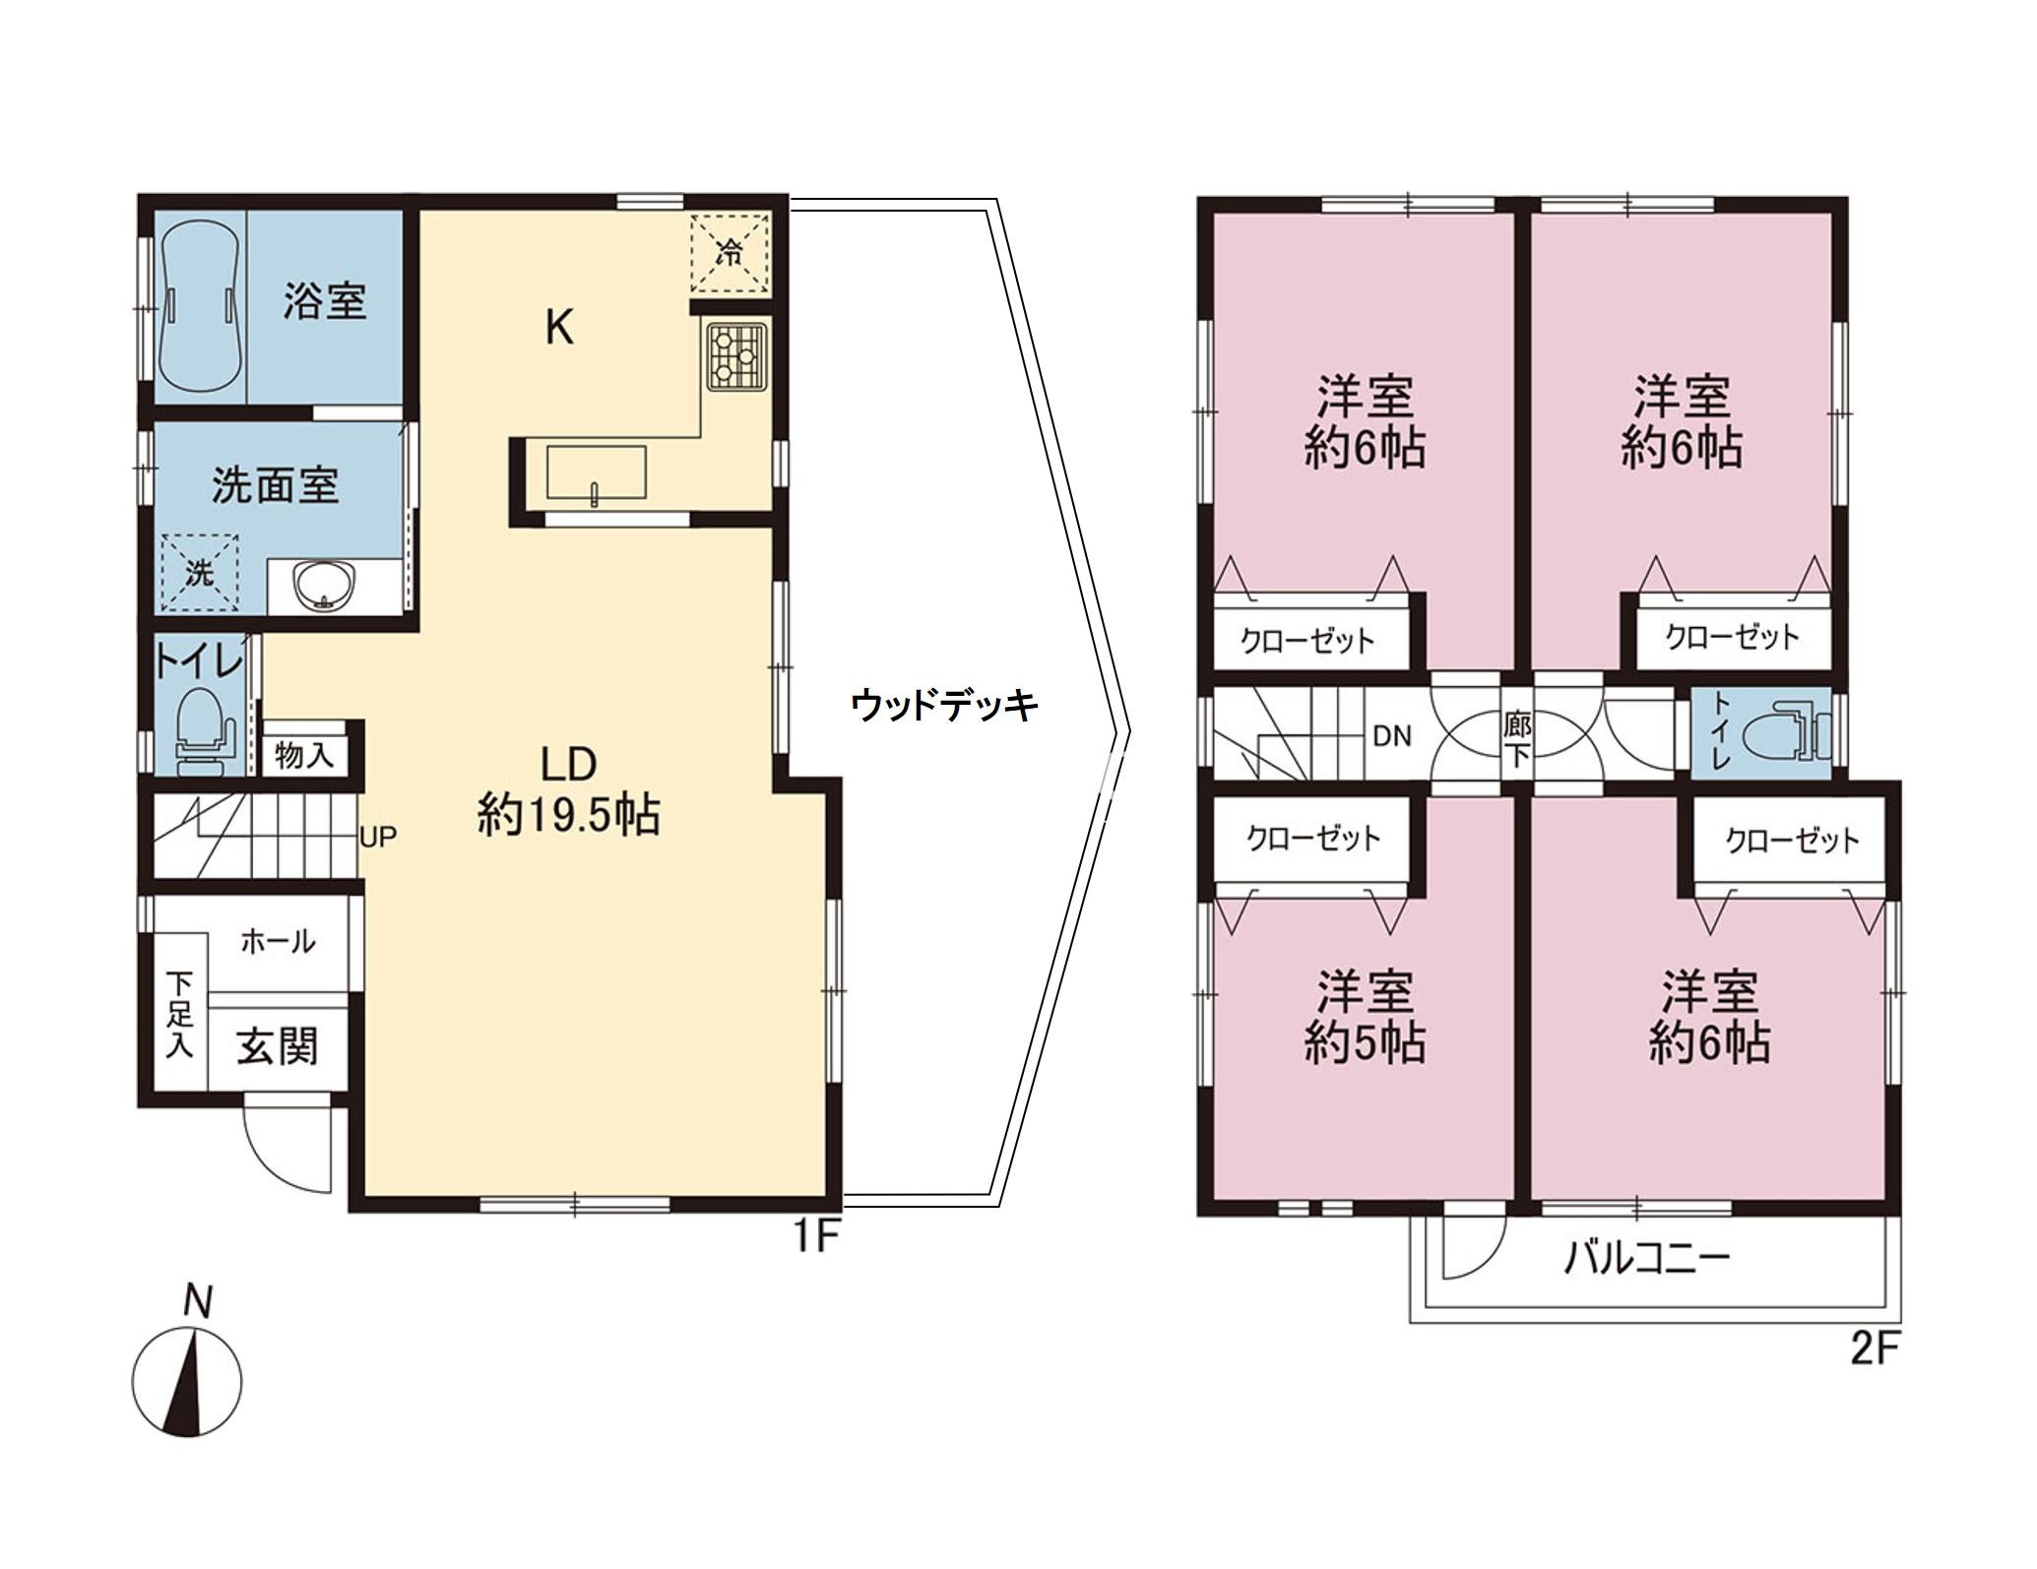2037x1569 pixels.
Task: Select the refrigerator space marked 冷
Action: (730, 253)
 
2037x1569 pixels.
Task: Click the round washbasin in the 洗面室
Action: (326, 587)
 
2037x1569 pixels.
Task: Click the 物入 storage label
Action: (304, 756)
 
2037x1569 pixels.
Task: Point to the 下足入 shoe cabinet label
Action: (179, 1029)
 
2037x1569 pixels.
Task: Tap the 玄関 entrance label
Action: (278, 1045)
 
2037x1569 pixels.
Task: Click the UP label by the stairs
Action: (378, 838)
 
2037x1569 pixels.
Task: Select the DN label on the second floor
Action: (1391, 735)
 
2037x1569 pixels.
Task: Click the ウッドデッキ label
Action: (944, 705)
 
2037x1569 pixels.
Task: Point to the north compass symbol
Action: (187, 1377)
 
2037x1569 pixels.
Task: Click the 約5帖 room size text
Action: (1365, 1043)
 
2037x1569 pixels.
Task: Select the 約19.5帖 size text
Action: (568, 816)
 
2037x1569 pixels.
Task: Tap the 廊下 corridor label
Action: (1517, 740)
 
